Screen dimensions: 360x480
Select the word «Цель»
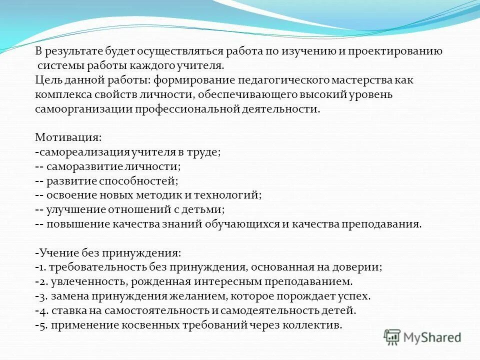[x=48, y=80]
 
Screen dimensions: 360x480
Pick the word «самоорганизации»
[x=82, y=109]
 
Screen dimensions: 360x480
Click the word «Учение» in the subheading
[x=56, y=253]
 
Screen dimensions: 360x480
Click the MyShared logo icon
[x=392, y=337]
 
